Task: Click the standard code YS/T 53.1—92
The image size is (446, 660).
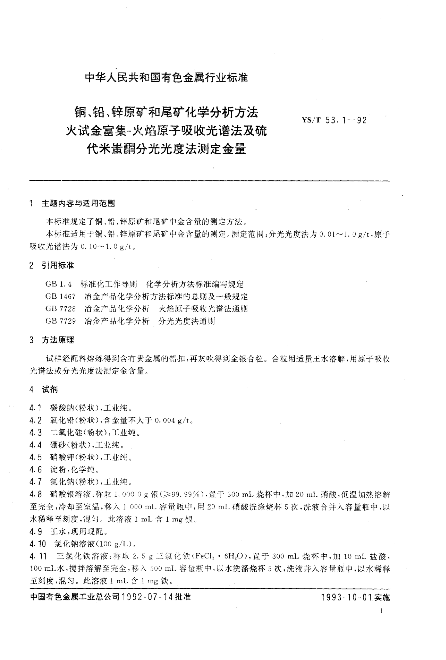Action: [334, 120]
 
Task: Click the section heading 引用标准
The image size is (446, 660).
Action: [58, 266]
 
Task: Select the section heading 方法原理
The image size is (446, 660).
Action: [58, 340]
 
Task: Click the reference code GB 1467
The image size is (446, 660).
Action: [60, 296]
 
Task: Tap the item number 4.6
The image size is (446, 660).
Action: [36, 470]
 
